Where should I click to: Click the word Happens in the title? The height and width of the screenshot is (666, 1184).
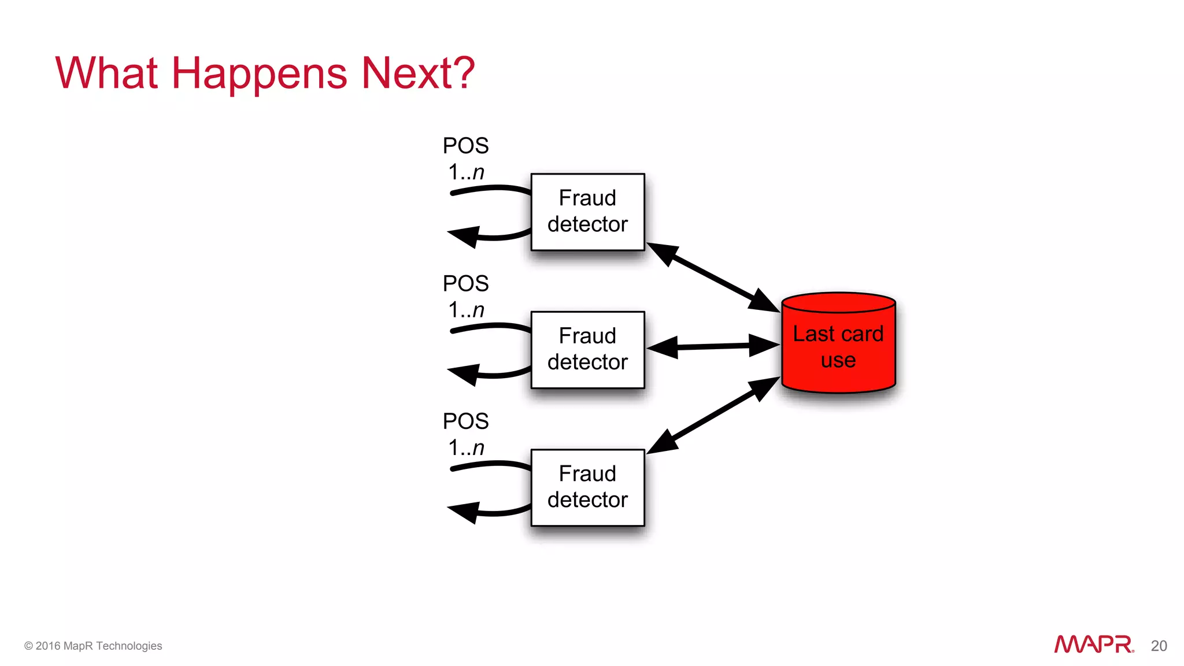click(259, 74)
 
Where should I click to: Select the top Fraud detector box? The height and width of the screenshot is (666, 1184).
click(587, 212)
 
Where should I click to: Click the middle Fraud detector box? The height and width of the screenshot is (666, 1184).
click(587, 349)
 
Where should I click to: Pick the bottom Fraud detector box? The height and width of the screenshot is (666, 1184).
click(587, 487)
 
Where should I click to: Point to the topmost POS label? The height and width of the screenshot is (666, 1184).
click(465, 146)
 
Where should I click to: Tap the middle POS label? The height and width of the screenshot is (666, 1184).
click(465, 284)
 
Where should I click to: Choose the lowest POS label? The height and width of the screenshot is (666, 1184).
click(465, 421)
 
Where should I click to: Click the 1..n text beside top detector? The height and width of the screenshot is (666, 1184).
click(466, 172)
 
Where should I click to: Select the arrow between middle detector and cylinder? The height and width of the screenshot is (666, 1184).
click(713, 346)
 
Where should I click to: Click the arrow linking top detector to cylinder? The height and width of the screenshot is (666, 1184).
click(713, 277)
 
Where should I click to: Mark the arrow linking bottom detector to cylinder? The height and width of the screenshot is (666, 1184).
click(713, 415)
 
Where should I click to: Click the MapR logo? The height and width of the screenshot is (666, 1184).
click(1093, 644)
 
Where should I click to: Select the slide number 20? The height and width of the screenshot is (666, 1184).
click(1159, 646)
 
